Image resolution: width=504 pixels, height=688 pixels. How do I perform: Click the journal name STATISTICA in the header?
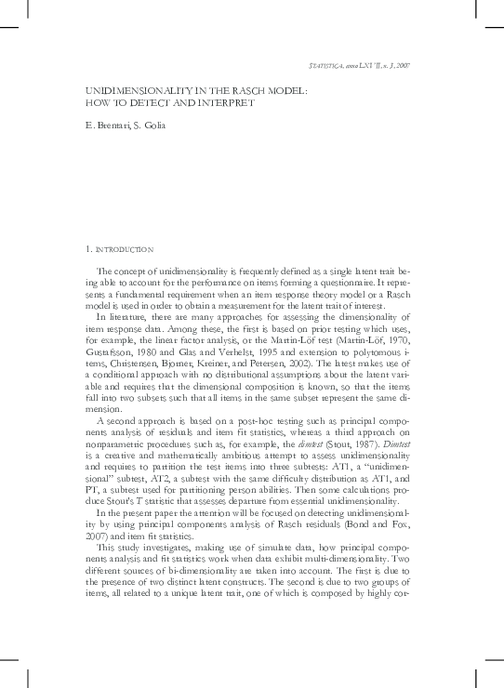click(x=326, y=67)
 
